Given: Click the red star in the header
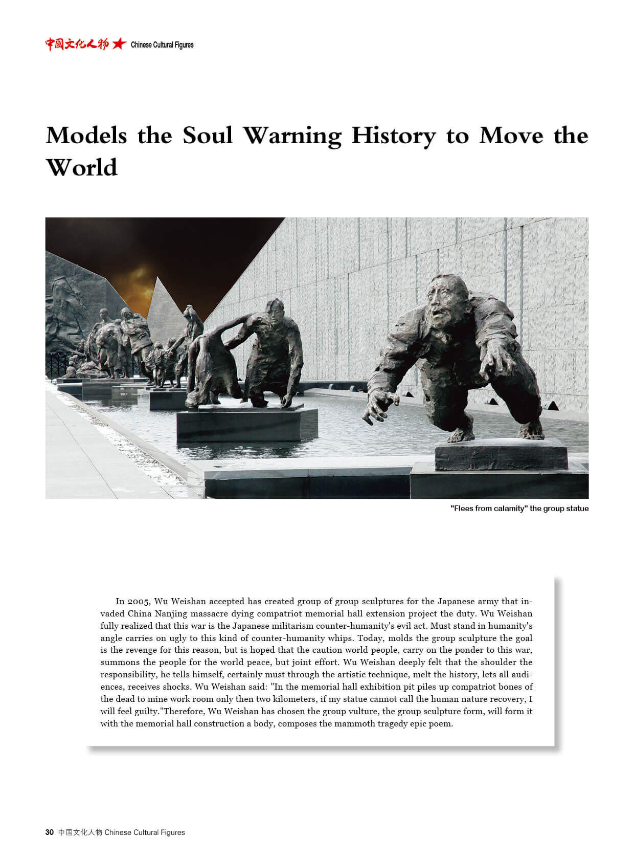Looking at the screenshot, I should pos(119,44).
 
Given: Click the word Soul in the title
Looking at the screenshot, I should pos(207,136).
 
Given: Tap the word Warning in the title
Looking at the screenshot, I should pos(291,136).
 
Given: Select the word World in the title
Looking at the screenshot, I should pos(82,168).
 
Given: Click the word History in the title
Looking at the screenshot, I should pos(393,136).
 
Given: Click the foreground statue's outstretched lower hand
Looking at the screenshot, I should pos(379,406).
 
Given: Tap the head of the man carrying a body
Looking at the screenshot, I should pos(275,310).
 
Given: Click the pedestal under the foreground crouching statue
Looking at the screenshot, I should pos(501,454).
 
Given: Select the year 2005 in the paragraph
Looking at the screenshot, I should pos(138,601).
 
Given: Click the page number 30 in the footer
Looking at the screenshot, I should pos(50,832).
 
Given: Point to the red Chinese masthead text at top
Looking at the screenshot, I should pos(77,44).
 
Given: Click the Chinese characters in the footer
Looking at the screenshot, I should pos(80,832).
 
